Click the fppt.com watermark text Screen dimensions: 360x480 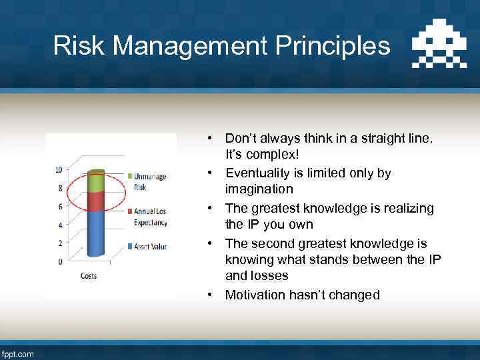18,353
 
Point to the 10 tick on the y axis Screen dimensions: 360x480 59,169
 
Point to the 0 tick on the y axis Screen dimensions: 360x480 61,261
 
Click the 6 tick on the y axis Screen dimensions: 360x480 61,206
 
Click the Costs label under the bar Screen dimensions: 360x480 89,275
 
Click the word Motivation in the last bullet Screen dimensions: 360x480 254,295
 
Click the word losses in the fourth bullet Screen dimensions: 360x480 271,275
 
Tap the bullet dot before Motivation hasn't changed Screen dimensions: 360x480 209,295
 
